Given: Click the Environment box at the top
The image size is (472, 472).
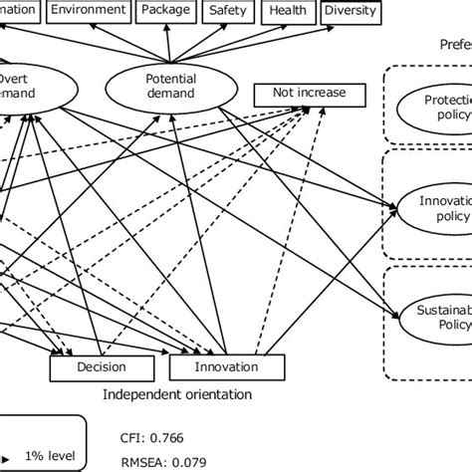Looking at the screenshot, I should pyautogui.click(x=89, y=11).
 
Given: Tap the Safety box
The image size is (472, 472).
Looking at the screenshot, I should pyautogui.click(x=228, y=11).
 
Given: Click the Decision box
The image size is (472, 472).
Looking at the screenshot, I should pyautogui.click(x=102, y=367).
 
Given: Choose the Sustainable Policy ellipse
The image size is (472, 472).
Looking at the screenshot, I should pyautogui.click(x=434, y=318).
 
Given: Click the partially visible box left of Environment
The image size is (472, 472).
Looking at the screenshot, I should pyautogui.click(x=18, y=11).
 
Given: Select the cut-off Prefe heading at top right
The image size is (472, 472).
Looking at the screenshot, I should pyautogui.click(x=455, y=45).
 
